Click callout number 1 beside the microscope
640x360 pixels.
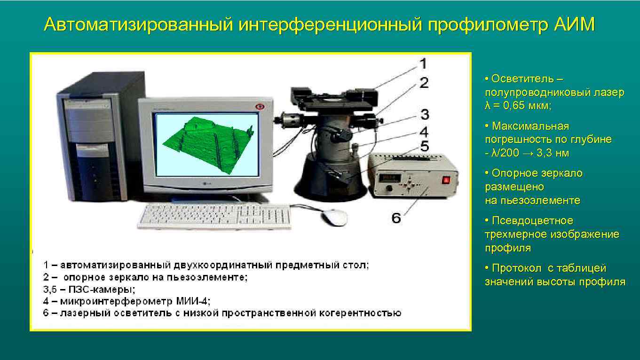(x=423, y=63)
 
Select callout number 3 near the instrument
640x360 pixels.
(x=424, y=114)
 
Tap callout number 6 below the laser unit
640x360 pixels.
(x=396, y=218)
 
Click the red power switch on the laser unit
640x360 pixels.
(x=445, y=180)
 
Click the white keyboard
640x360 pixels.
(x=214, y=217)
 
